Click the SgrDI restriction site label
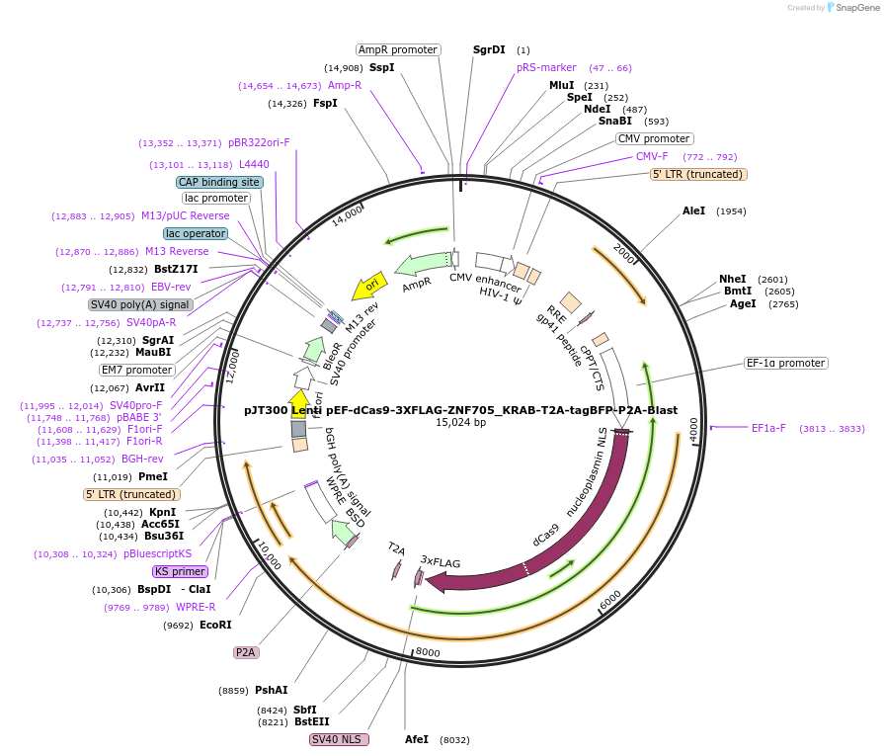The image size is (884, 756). tap(489, 49)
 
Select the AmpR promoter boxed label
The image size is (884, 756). tap(398, 49)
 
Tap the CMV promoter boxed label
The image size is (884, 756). tap(654, 139)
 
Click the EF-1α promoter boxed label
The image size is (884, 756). tap(785, 364)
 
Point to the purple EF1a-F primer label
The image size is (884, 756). tap(768, 429)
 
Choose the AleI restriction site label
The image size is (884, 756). tap(694, 211)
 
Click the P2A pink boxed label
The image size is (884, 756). tap(245, 652)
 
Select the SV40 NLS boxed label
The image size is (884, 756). tap(339, 739)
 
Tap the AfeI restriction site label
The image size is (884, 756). tap(417, 739)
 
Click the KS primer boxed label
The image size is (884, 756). tap(180, 571)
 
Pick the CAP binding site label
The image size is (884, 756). tap(219, 182)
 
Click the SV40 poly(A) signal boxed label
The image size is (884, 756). tap(140, 304)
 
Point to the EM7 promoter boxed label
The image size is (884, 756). tap(137, 370)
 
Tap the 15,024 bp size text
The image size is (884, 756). tap(460, 423)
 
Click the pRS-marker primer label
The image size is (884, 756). tap(546, 68)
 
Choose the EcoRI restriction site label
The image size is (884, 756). tap(215, 626)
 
